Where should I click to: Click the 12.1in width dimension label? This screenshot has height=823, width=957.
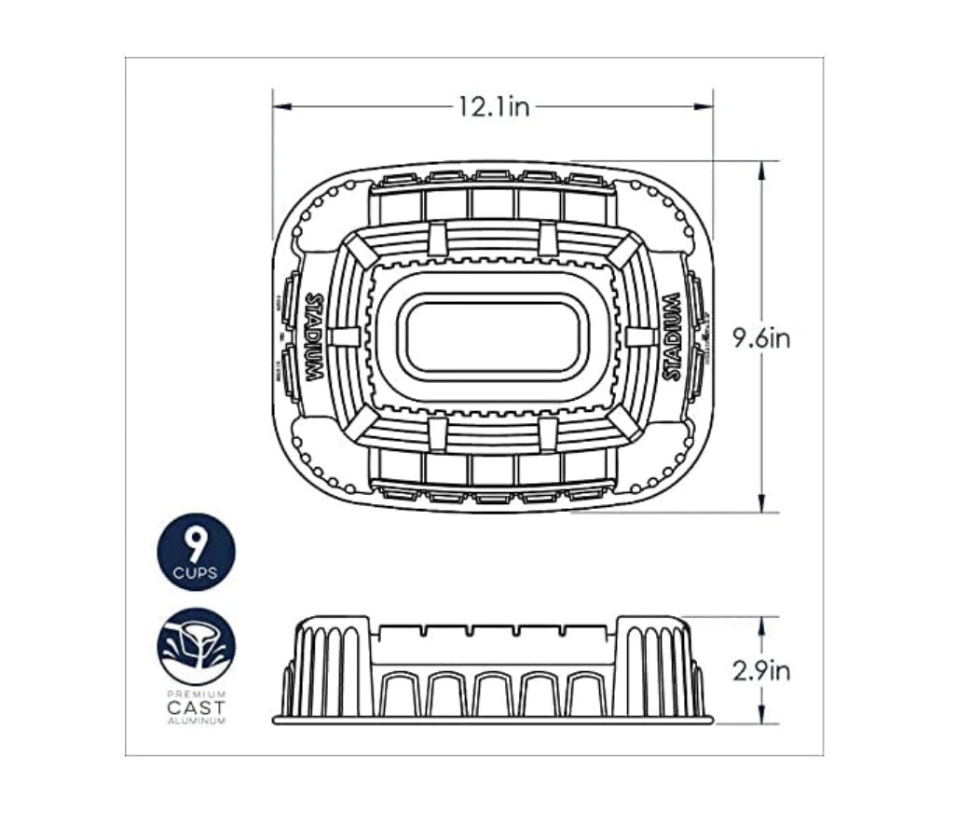(x=493, y=107)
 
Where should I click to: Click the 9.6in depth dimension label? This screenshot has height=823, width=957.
(x=760, y=338)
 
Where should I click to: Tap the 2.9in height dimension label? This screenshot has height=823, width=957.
(x=760, y=670)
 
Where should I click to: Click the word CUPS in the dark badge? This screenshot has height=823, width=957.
(x=196, y=573)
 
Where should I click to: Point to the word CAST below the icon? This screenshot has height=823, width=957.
(x=196, y=707)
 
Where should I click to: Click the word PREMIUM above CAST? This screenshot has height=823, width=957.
(x=196, y=694)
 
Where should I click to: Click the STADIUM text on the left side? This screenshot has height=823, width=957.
(x=314, y=336)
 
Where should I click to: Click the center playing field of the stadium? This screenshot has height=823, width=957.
(x=493, y=336)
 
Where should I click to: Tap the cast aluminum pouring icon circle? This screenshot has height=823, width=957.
(x=196, y=646)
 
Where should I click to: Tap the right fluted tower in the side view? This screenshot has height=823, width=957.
(x=657, y=667)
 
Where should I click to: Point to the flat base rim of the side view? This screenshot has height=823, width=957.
(x=493, y=720)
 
